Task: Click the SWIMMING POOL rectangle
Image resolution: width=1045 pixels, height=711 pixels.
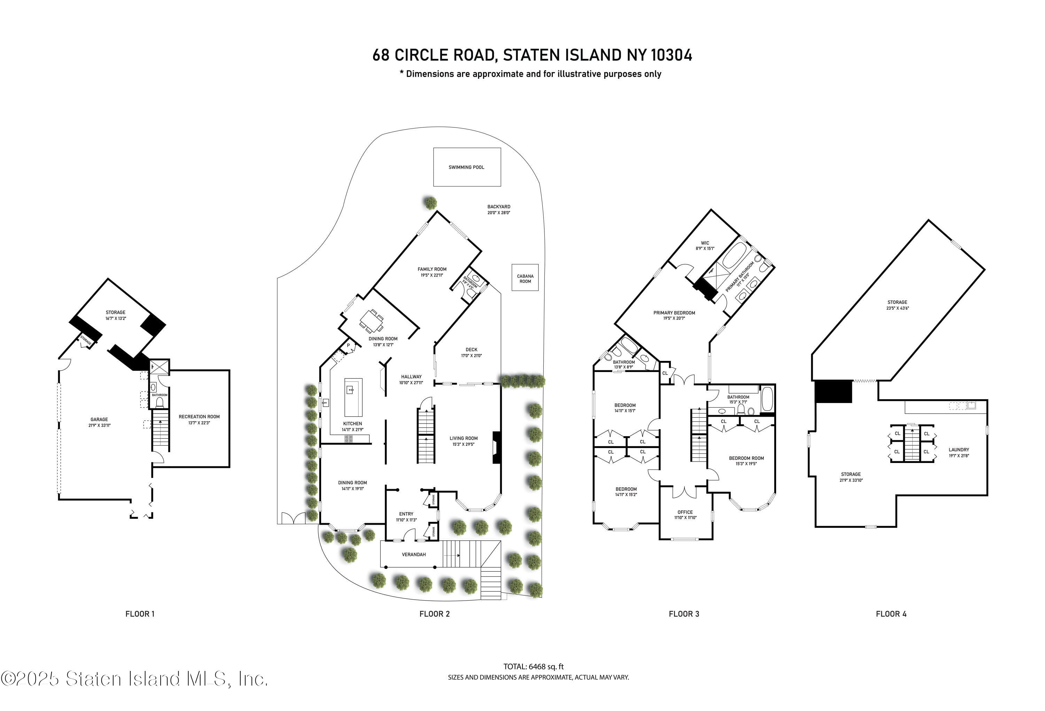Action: [467, 167]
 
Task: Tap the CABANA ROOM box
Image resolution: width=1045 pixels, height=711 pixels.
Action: [525, 278]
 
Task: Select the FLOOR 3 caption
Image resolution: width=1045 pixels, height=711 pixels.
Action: [683, 614]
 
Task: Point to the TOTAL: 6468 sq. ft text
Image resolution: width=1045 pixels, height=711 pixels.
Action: [533, 666]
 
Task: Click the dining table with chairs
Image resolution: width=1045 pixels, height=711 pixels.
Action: [371, 320]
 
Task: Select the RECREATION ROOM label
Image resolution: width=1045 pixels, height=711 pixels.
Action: [199, 416]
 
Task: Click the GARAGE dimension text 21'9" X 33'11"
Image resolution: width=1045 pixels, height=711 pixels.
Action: [99, 425]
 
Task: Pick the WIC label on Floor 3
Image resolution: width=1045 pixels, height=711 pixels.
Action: [705, 243]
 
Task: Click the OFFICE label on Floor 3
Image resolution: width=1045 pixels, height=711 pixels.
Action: [685, 512]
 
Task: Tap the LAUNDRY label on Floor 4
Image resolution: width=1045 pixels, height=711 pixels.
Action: [959, 449]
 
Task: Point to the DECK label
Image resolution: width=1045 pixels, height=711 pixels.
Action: [471, 349]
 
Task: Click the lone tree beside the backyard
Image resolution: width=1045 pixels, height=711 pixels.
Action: [430, 202]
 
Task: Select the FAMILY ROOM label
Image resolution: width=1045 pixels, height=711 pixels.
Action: [432, 269]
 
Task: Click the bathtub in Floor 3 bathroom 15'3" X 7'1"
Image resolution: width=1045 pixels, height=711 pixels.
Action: [767, 399]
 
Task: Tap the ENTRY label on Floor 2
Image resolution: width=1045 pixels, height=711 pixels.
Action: [406, 513]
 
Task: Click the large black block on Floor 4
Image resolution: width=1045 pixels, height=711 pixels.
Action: [833, 391]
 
